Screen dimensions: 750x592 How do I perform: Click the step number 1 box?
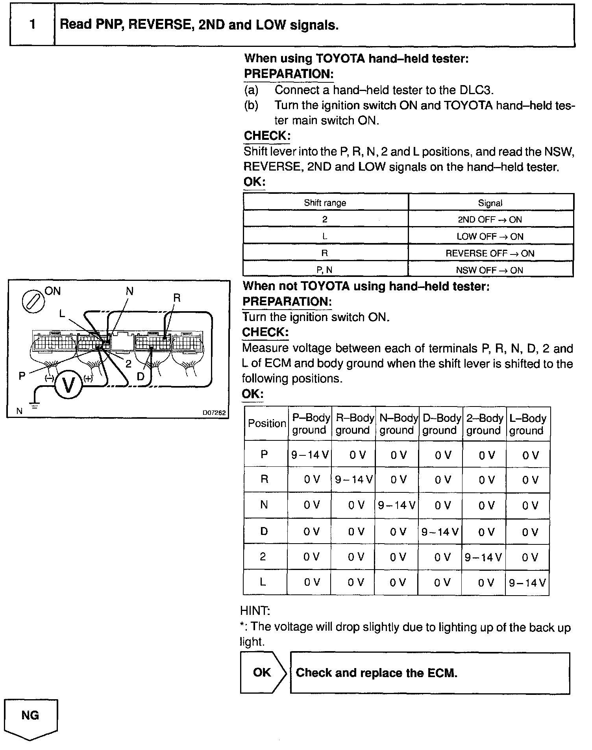point(32,25)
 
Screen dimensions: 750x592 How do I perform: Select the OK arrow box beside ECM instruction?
point(263,672)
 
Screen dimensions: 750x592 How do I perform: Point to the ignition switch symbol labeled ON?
point(33,302)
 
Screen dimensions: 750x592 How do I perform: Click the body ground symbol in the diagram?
point(35,406)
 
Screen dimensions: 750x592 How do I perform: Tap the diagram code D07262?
point(214,413)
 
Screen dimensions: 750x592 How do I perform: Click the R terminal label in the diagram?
point(177,298)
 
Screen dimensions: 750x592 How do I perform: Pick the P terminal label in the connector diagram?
point(22,376)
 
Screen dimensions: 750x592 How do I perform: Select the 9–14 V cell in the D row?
point(440,532)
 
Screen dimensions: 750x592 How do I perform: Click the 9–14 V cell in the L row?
point(527,583)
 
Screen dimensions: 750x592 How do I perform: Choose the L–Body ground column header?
point(527,424)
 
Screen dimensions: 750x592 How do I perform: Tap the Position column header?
point(266,423)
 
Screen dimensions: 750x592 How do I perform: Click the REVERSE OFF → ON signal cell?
point(490,253)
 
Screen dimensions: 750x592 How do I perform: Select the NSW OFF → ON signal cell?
point(490,270)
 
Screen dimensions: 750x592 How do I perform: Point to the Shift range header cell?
point(325,203)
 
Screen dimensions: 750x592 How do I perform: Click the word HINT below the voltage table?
point(255,611)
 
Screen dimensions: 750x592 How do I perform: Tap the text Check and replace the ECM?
point(376,673)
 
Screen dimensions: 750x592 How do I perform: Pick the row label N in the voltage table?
point(264,505)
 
